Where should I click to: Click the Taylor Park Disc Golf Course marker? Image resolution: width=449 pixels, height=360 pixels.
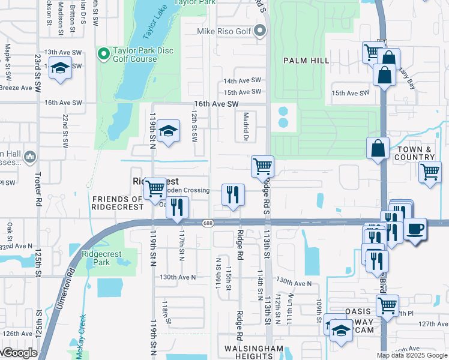104,55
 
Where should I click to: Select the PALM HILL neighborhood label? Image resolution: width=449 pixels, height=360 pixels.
307,61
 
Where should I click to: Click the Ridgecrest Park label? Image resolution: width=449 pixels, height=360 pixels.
101,258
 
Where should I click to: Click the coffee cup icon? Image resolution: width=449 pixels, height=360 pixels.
415,229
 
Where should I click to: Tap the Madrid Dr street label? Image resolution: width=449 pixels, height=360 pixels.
245,127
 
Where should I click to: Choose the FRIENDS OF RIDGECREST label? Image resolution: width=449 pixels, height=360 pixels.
118,203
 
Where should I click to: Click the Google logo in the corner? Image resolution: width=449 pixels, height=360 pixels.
19,353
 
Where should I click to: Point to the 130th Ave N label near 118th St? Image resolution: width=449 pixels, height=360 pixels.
178,277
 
